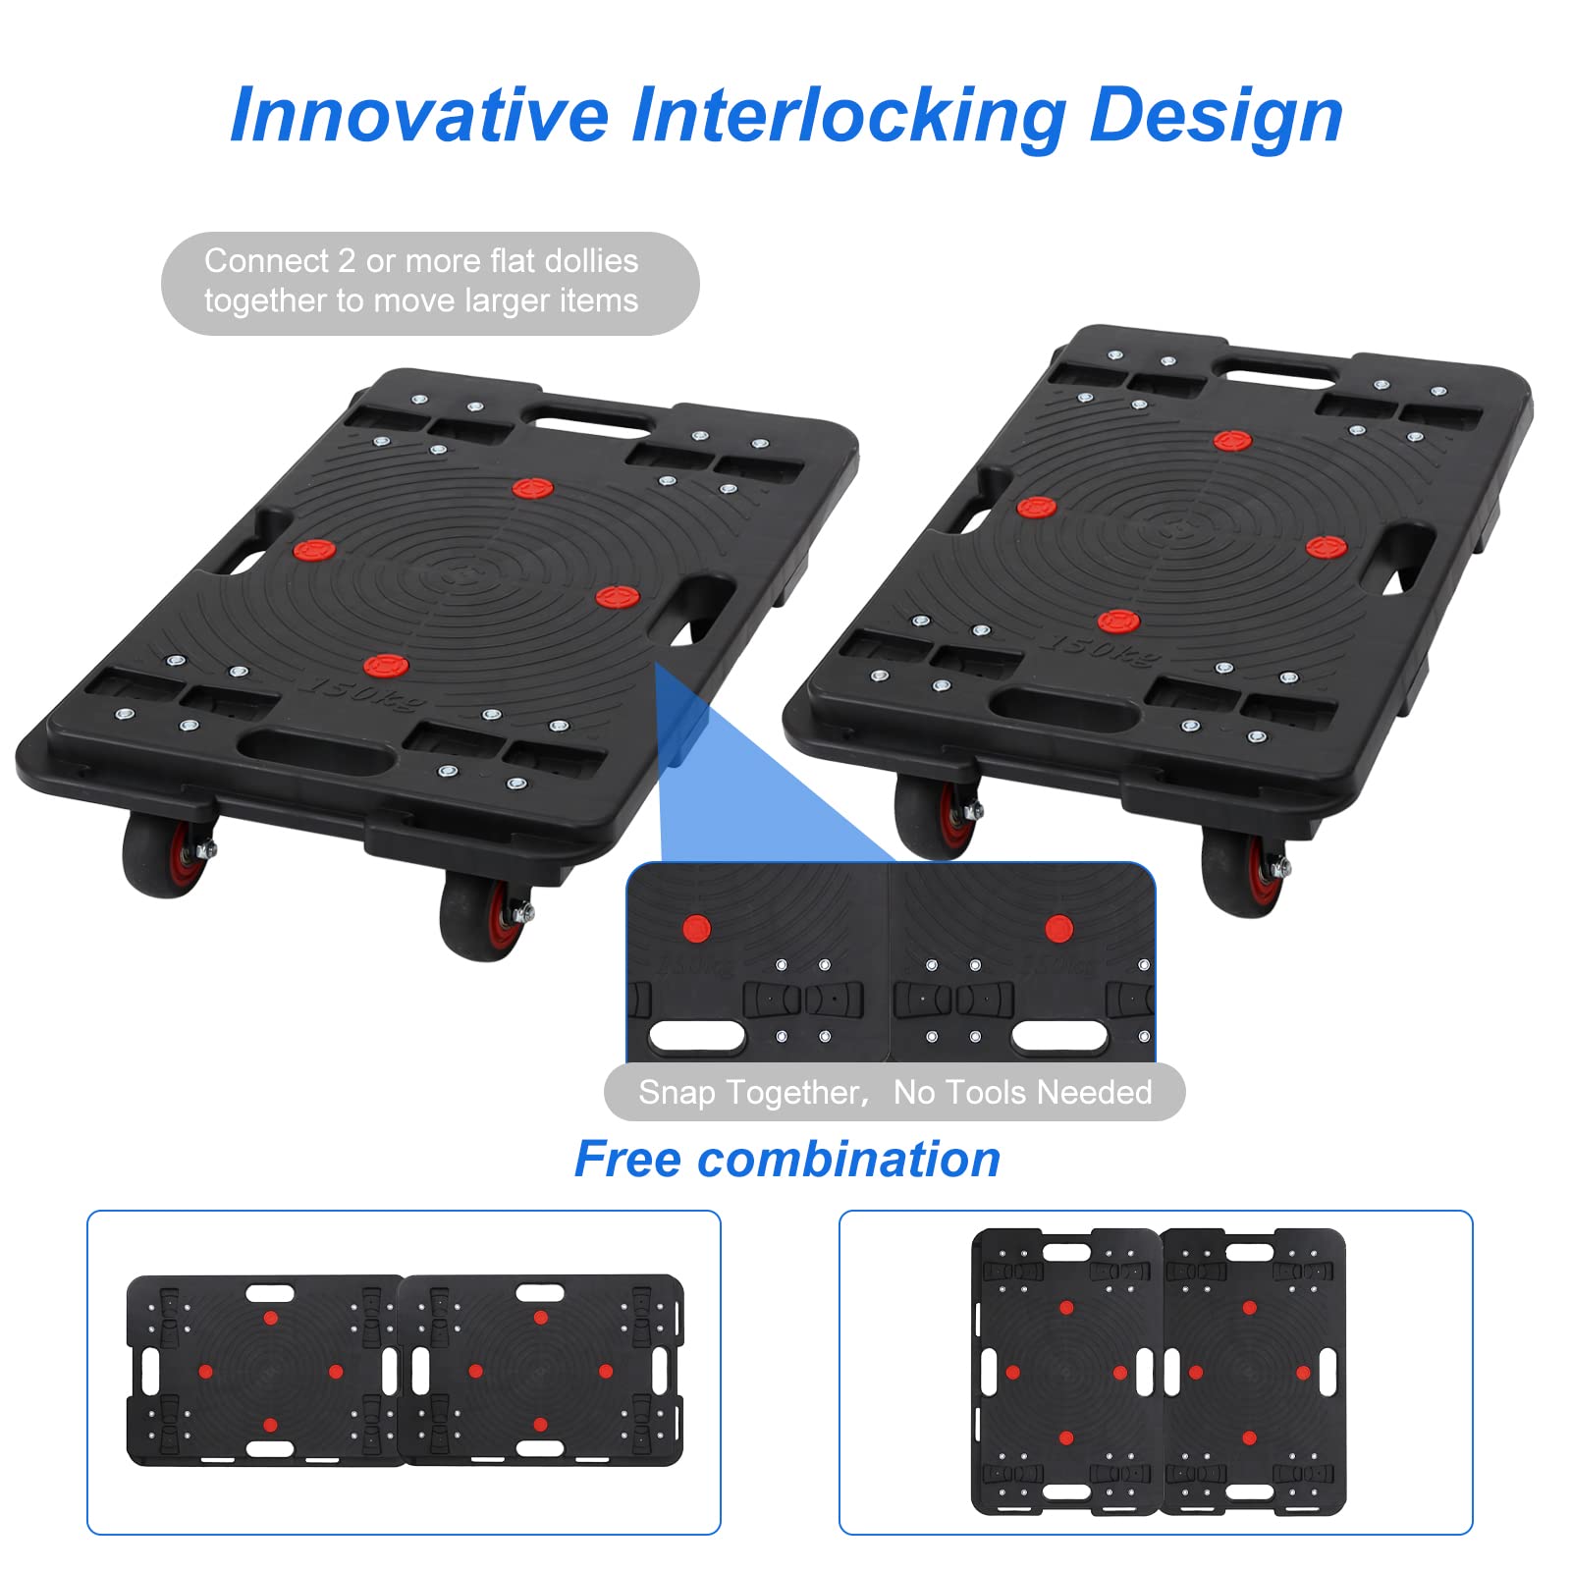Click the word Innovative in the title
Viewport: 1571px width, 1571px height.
click(x=418, y=115)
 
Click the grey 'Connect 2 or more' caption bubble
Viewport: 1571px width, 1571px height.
click(x=430, y=283)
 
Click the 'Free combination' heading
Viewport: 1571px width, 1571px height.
click(x=787, y=1159)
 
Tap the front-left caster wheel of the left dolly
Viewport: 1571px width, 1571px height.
click(x=165, y=854)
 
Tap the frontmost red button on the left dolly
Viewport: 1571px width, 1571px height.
click(x=386, y=666)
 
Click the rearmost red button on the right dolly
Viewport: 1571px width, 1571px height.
click(x=1232, y=441)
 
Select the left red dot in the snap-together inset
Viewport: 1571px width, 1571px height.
click(x=696, y=928)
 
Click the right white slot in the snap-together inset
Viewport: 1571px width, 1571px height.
click(x=1059, y=1036)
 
